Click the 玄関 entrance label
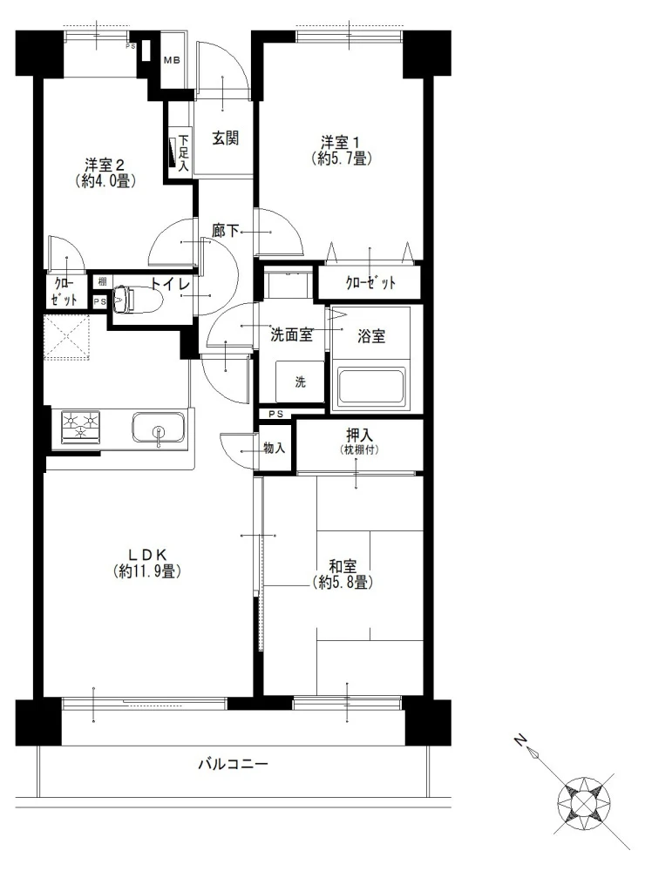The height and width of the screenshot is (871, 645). [x=225, y=138]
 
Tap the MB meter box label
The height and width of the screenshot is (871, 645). [x=172, y=61]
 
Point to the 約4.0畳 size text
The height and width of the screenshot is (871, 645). [x=106, y=181]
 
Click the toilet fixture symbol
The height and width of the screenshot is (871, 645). [x=136, y=300]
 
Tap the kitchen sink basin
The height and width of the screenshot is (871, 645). [x=159, y=428]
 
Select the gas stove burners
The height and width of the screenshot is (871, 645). [x=80, y=427]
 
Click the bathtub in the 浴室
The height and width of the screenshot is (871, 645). [x=371, y=384]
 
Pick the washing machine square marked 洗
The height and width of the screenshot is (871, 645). [x=300, y=381]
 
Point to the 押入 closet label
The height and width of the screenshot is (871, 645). [x=358, y=435]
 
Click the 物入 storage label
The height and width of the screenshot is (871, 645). [x=274, y=448]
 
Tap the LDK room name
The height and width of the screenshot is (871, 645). [x=146, y=554]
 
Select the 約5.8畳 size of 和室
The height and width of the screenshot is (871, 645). [x=343, y=582]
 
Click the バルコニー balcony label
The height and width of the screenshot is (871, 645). [x=234, y=765]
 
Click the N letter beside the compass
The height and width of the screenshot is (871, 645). [x=519, y=739]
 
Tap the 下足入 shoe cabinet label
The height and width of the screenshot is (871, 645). [x=183, y=152]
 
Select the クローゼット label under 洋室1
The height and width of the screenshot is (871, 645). [x=370, y=283]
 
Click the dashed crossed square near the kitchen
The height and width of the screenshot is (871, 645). [x=67, y=338]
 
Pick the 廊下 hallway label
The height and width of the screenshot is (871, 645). [x=225, y=230]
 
